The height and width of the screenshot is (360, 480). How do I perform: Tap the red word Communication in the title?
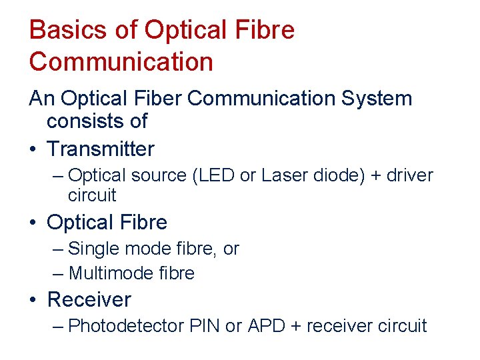click(121, 62)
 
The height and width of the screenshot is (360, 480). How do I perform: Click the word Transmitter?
click(101, 149)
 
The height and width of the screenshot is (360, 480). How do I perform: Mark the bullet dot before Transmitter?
click(33, 149)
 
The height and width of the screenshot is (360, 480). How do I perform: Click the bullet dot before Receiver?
click(33, 301)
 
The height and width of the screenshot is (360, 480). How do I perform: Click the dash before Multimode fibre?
click(58, 273)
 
